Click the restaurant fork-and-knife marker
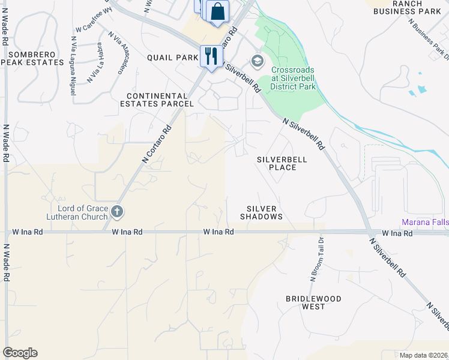[x=210, y=56]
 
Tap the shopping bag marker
[x=217, y=11]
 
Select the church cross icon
[x=116, y=211]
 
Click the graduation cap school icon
[x=257, y=61]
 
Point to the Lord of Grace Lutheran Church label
[x=78, y=211]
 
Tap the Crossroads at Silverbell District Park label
[x=293, y=78]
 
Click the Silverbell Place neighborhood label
[x=282, y=163]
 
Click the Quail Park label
[x=172, y=58]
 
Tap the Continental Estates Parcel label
[x=160, y=100]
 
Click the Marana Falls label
[x=424, y=223]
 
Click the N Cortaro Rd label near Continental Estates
[x=157, y=143]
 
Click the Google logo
[x=20, y=353]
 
